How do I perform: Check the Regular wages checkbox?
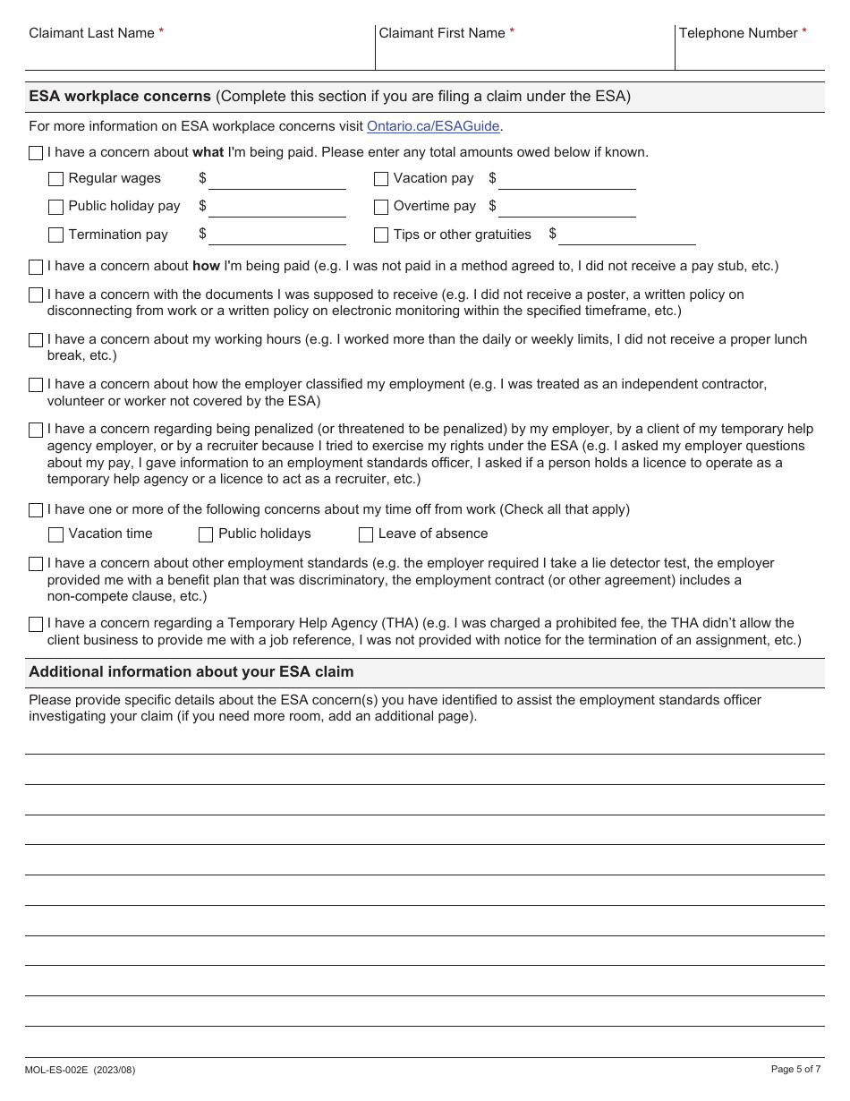55,179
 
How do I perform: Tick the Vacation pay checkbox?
381,179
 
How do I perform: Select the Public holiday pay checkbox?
55,207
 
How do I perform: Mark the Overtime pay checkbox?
381,207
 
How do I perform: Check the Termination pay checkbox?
55,235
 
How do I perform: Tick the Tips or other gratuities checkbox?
381,235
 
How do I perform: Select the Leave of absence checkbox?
366,534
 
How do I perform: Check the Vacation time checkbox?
55,534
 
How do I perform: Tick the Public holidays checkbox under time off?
205,534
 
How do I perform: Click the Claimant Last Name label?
91,33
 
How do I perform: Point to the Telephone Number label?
737,33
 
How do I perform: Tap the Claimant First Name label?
442,33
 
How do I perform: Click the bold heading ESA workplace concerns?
120,97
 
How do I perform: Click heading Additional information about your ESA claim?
191,672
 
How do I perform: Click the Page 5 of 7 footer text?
795,1069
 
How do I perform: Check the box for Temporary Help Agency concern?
36,624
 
